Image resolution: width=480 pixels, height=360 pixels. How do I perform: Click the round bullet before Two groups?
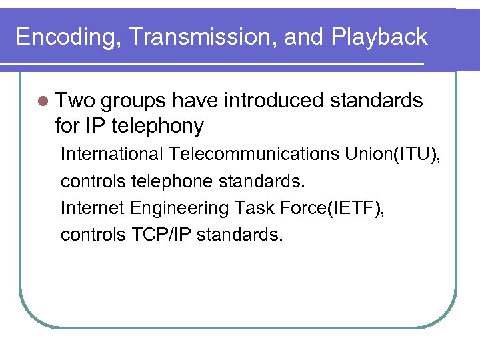[x=44, y=101]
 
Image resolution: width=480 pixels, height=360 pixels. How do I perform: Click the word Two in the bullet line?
[x=77, y=101]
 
